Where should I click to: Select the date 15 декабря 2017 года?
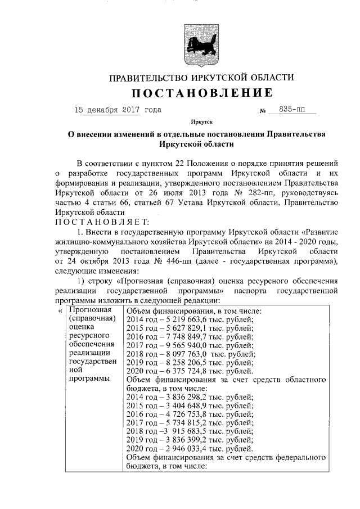(x=118, y=110)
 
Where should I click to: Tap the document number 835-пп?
(x=293, y=110)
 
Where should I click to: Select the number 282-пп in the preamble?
(x=241, y=193)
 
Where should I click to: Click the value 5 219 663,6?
(x=183, y=319)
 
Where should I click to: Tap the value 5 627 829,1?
(x=183, y=328)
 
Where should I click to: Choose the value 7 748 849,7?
(x=183, y=337)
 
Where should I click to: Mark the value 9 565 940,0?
(x=183, y=346)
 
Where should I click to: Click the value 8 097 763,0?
(x=183, y=354)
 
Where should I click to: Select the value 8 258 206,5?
(x=183, y=363)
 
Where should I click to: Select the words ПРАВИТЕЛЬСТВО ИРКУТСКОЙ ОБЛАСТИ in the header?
(x=201, y=77)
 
